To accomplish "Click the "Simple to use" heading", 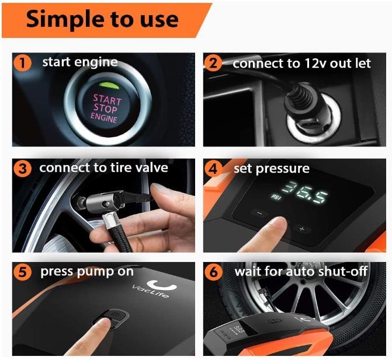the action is point(102,19).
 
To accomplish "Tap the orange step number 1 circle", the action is point(23,63).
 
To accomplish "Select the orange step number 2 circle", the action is point(213,63).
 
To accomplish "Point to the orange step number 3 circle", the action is point(23,169).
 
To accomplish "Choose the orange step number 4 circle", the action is point(213,169).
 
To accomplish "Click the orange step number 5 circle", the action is point(23,272).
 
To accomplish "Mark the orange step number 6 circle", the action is point(213,272).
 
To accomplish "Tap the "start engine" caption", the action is point(80,62).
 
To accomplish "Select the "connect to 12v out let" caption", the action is point(302,64).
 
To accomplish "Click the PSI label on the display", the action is point(276,197).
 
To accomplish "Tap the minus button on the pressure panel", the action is point(259,214).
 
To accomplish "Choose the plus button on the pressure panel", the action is point(302,229).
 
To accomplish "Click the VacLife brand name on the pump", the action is point(151,291).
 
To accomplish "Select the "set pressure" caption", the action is point(272,169).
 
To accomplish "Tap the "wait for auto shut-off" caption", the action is point(301,271).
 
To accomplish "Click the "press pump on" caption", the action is point(87,272).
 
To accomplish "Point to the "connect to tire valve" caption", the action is point(104,168).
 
